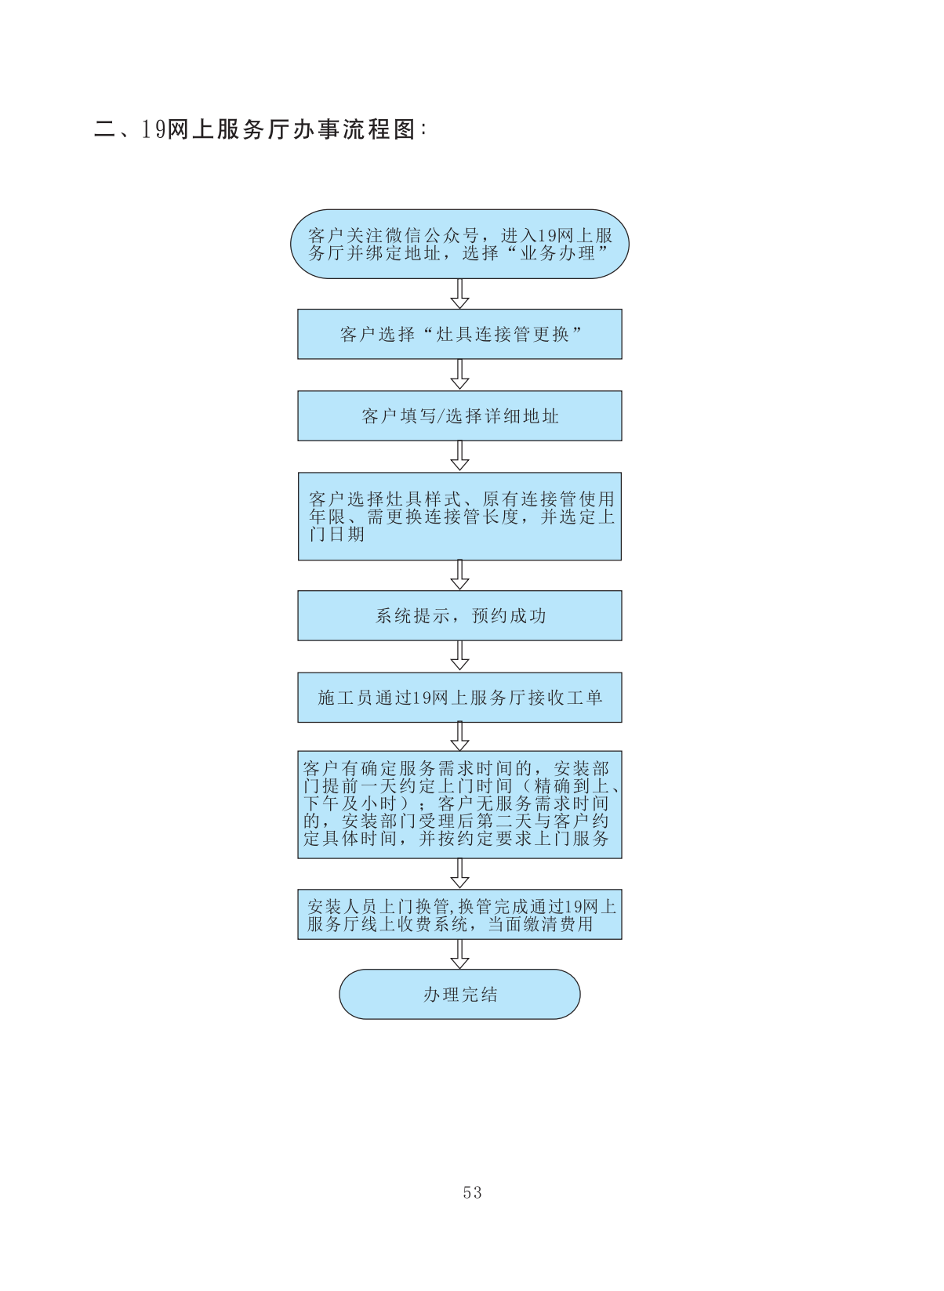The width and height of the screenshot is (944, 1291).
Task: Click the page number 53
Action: (x=472, y=1192)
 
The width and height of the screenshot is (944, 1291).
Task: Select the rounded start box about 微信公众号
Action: (x=459, y=244)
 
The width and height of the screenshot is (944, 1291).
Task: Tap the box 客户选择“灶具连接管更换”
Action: (x=459, y=334)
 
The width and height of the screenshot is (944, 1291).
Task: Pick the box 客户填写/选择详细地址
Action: (x=459, y=415)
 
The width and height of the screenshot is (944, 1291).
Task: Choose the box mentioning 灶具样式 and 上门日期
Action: (x=459, y=516)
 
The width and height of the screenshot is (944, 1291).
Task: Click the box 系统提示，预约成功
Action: (x=459, y=615)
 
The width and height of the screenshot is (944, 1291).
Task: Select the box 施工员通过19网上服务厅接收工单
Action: (x=459, y=697)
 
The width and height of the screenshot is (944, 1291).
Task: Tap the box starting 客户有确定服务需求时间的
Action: (x=459, y=803)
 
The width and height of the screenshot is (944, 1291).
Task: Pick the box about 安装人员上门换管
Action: (x=459, y=914)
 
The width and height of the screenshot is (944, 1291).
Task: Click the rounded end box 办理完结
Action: (x=459, y=994)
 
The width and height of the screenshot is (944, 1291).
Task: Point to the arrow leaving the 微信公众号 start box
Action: (x=460, y=294)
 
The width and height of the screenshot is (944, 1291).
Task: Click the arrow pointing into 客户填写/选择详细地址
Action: (x=460, y=375)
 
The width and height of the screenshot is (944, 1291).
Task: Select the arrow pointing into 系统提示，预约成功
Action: (x=460, y=575)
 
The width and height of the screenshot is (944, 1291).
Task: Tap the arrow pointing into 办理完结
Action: (x=460, y=953)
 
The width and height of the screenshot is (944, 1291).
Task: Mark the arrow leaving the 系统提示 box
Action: (x=460, y=656)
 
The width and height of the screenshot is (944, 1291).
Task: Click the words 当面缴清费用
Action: (x=541, y=924)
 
